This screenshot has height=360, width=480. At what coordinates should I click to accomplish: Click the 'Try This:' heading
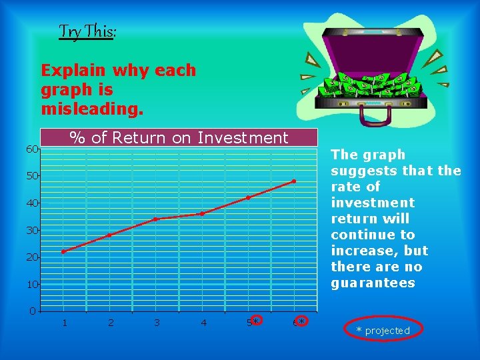87,31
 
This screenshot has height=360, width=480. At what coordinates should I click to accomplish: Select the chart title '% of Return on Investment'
179,137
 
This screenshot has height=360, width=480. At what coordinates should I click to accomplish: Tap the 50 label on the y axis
32,176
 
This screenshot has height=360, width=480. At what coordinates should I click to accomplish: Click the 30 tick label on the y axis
32,230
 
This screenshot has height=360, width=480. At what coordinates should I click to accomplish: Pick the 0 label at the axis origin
32,311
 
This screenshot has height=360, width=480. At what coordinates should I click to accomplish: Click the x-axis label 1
64,323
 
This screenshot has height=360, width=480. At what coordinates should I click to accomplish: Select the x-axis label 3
157,323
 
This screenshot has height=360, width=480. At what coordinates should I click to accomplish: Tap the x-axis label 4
203,323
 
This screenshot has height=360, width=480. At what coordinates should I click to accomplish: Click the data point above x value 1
63,251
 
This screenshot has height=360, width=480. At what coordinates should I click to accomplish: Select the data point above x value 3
156,219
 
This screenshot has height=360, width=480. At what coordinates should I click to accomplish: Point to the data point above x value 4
202,213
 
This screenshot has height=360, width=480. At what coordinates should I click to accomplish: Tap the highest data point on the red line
294,181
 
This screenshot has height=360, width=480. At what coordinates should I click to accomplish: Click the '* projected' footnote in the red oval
383,330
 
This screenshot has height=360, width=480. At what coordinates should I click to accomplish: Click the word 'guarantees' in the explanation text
373,283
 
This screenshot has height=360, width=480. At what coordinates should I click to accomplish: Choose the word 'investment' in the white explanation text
373,203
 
